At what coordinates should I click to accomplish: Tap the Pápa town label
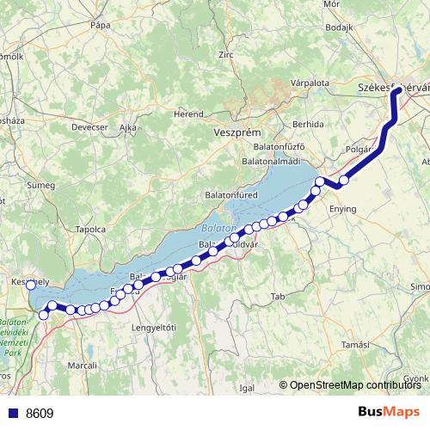coord(101,26)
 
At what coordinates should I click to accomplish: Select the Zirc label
coord(227,54)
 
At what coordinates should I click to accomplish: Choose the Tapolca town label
coord(90,230)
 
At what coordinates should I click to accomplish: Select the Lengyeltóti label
coord(153,328)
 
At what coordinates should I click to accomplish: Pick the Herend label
coord(188,113)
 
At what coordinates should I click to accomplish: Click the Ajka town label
coord(128,127)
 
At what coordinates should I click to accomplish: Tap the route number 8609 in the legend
coord(40,413)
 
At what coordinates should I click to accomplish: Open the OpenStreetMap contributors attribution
coord(355,385)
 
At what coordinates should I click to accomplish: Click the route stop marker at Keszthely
coord(31,285)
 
